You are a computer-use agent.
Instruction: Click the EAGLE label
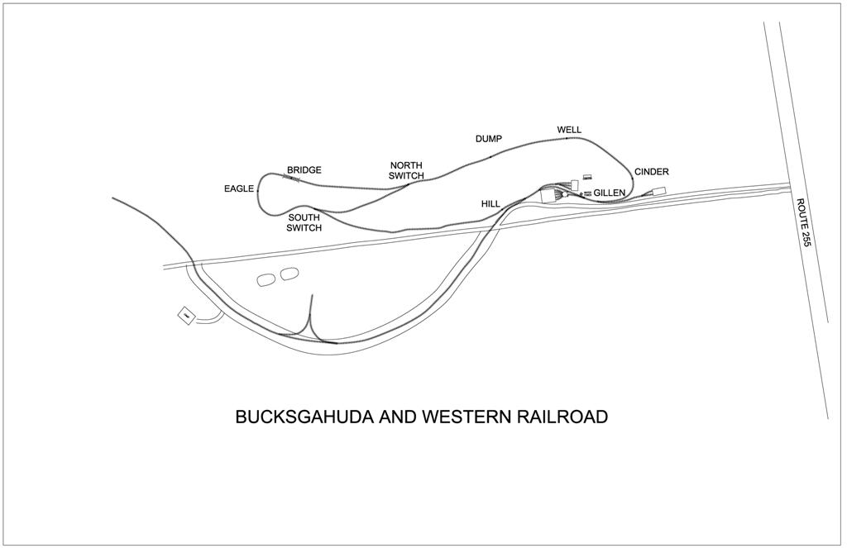pyautogui.click(x=238, y=189)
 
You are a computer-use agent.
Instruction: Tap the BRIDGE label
pyautogui.click(x=304, y=170)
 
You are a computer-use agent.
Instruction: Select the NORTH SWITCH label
pyautogui.click(x=406, y=170)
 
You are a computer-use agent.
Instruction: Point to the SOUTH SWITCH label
pyautogui.click(x=304, y=223)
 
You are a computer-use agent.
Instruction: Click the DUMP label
pyautogui.click(x=488, y=139)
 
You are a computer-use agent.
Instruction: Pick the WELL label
pyautogui.click(x=569, y=131)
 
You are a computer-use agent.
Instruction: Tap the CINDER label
pyautogui.click(x=651, y=172)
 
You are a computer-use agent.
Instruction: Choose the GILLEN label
pyautogui.click(x=609, y=193)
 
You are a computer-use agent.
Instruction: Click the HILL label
pyautogui.click(x=490, y=203)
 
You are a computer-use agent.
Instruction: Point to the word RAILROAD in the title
pyautogui.click(x=562, y=417)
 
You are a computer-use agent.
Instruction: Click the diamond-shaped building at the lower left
pyautogui.click(x=188, y=315)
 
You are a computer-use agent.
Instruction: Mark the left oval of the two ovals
pyautogui.click(x=267, y=279)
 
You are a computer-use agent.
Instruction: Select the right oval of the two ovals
pyautogui.click(x=289, y=274)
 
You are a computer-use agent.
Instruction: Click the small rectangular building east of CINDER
pyautogui.click(x=660, y=192)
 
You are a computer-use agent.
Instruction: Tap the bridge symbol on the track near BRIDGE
pyautogui.click(x=291, y=177)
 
